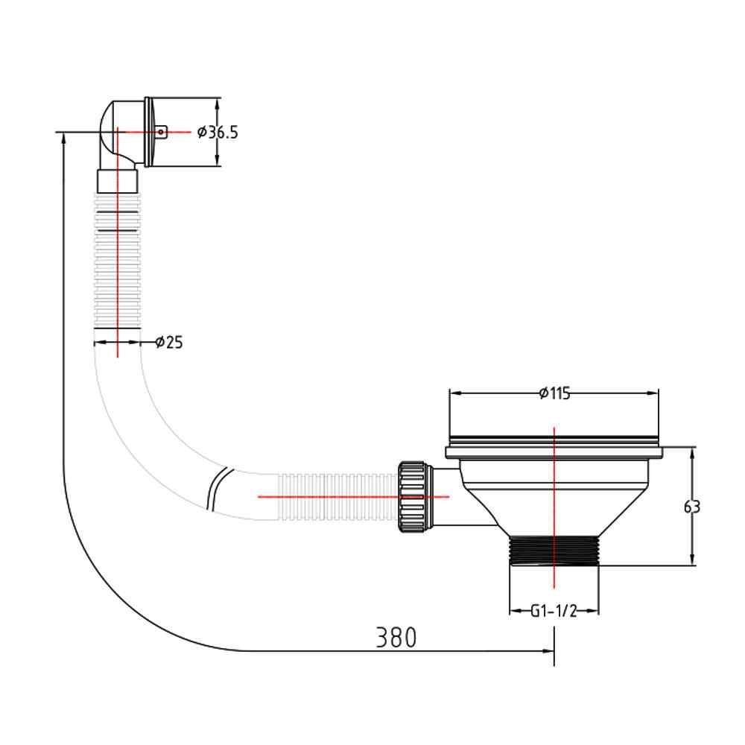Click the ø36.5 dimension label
(219, 133)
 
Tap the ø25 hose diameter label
(170, 343)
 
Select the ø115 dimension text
(555, 393)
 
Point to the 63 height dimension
(692, 507)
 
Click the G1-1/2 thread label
(554, 611)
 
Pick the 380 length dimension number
(396, 638)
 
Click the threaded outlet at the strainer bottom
(554, 551)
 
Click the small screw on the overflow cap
(162, 133)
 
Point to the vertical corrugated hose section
(118, 261)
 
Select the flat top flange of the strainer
(555, 451)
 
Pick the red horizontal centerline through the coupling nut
(350, 495)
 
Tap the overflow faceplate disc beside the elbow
(149, 133)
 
